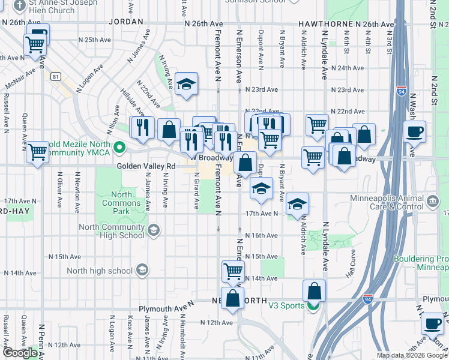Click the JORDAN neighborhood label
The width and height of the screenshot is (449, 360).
(x=127, y=21)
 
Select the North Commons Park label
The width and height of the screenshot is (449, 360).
(x=121, y=203)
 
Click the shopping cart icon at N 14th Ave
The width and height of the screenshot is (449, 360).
(x=233, y=271)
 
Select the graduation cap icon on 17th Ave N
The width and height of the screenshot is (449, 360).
(x=297, y=204)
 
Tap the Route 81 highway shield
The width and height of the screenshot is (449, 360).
(x=55, y=76)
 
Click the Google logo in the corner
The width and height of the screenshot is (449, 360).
(x=20, y=353)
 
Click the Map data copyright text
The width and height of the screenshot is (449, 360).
(x=412, y=355)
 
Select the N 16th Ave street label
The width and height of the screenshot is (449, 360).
(x=263, y=235)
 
